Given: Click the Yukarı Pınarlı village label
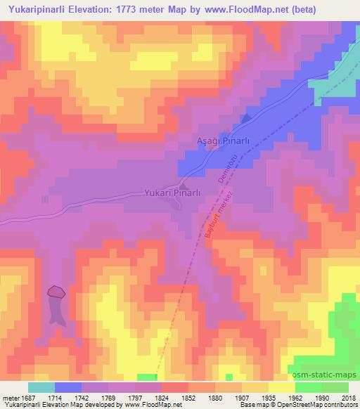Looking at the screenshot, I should click(x=173, y=192).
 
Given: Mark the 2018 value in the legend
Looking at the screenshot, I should click(x=349, y=397).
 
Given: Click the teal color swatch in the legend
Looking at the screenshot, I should click(x=41, y=387).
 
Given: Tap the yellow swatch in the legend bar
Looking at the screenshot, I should click(x=281, y=387).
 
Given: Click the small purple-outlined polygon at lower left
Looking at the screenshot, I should click(x=56, y=291).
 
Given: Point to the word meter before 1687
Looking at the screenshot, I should click(x=11, y=397).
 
